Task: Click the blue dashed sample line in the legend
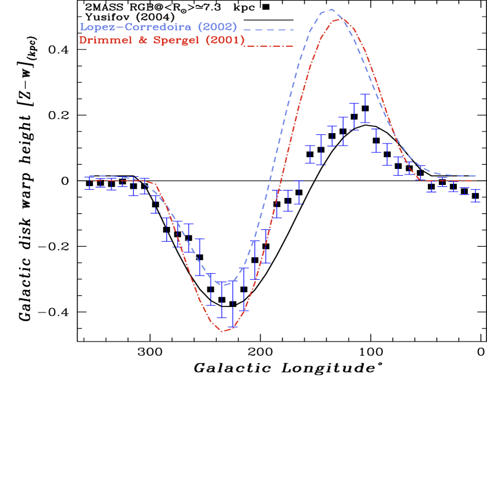point(268,29)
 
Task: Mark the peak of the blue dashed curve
point(331,9)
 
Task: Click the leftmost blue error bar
point(90,182)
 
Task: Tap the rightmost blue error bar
point(476,195)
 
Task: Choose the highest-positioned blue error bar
point(365,108)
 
